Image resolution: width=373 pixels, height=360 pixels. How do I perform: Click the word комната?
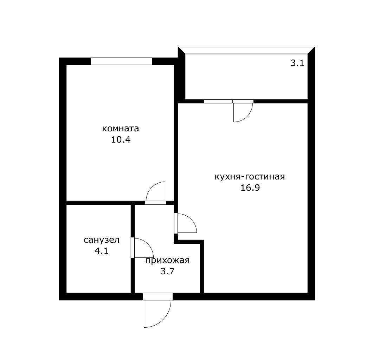click(120, 129)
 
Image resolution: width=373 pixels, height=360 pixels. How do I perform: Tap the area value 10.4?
click(121, 139)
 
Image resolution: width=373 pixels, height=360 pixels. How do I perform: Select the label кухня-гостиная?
click(250, 177)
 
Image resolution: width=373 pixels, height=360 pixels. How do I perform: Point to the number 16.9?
click(250, 188)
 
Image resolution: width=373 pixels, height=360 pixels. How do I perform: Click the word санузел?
click(102, 240)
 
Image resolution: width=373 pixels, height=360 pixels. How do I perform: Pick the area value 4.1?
click(102, 251)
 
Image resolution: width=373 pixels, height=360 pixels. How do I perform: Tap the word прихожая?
click(167, 261)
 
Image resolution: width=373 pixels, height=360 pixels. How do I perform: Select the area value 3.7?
click(168, 271)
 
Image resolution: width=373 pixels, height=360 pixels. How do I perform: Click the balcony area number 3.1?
click(297, 63)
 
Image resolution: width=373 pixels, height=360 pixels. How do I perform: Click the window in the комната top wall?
click(121, 61)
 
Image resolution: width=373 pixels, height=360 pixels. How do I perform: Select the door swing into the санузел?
click(148, 244)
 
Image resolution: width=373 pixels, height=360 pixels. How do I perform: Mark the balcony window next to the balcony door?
click(218, 101)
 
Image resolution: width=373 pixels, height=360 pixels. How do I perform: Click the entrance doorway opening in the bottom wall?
click(157, 296)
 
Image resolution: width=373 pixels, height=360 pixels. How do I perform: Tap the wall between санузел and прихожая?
click(133, 249)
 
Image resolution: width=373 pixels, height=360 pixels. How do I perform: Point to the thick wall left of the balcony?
click(181, 76)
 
